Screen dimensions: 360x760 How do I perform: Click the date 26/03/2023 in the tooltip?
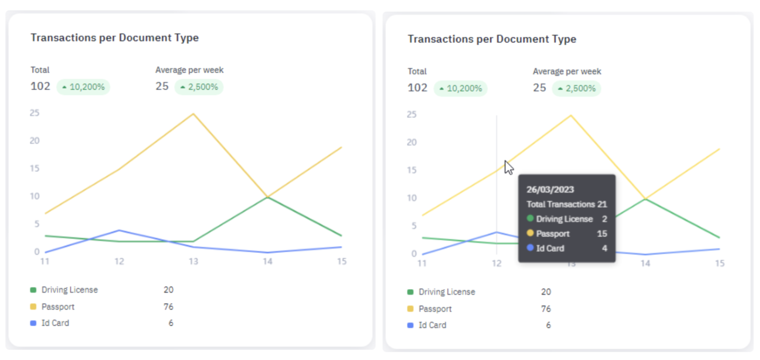pos(550,189)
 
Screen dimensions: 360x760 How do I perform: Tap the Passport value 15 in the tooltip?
pos(602,234)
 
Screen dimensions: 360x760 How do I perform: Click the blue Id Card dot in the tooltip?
pos(530,248)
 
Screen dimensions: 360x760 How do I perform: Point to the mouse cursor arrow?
pos(508,167)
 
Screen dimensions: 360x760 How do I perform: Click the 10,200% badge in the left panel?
pos(83,87)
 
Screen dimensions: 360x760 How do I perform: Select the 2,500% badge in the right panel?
pos(576,88)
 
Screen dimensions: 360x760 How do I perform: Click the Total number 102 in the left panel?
pos(40,86)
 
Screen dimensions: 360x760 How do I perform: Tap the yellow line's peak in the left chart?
pos(193,114)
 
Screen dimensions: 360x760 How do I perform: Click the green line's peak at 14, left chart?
pos(267,197)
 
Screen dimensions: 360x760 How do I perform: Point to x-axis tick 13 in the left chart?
pos(193,261)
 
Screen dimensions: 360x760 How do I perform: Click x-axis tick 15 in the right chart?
pos(720,264)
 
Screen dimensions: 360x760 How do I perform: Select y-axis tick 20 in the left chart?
pos(34,141)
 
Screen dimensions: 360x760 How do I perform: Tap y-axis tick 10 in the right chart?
pos(412,198)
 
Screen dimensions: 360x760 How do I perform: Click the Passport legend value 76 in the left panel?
pos(168,307)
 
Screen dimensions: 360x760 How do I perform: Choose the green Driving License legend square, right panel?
pos(410,292)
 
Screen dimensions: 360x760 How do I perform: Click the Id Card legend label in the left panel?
pos(55,323)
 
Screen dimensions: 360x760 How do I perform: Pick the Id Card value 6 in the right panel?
pos(548,325)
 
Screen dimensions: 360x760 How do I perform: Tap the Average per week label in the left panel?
pos(189,70)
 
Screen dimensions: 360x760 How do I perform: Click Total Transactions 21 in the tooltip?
pos(566,204)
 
